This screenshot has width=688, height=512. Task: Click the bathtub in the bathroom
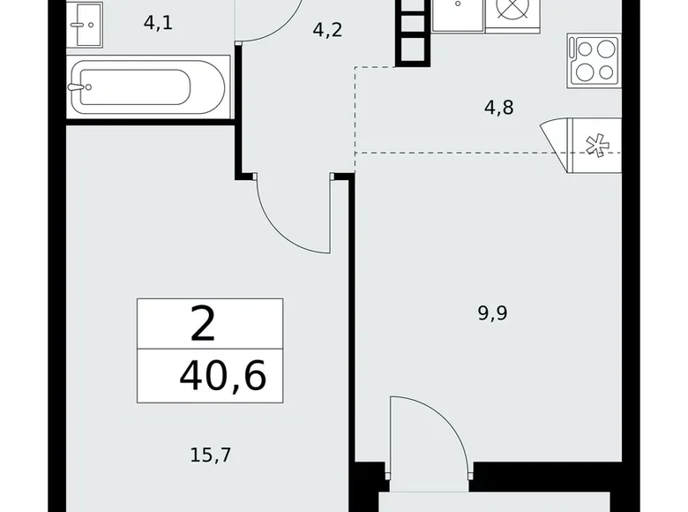(x=148, y=87)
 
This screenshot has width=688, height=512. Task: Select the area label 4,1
(x=158, y=23)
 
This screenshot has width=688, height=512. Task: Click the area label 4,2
(x=327, y=30)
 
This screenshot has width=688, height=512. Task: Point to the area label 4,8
(x=499, y=109)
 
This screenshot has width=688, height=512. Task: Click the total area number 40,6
(x=221, y=378)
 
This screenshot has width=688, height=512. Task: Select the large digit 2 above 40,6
(x=202, y=325)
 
